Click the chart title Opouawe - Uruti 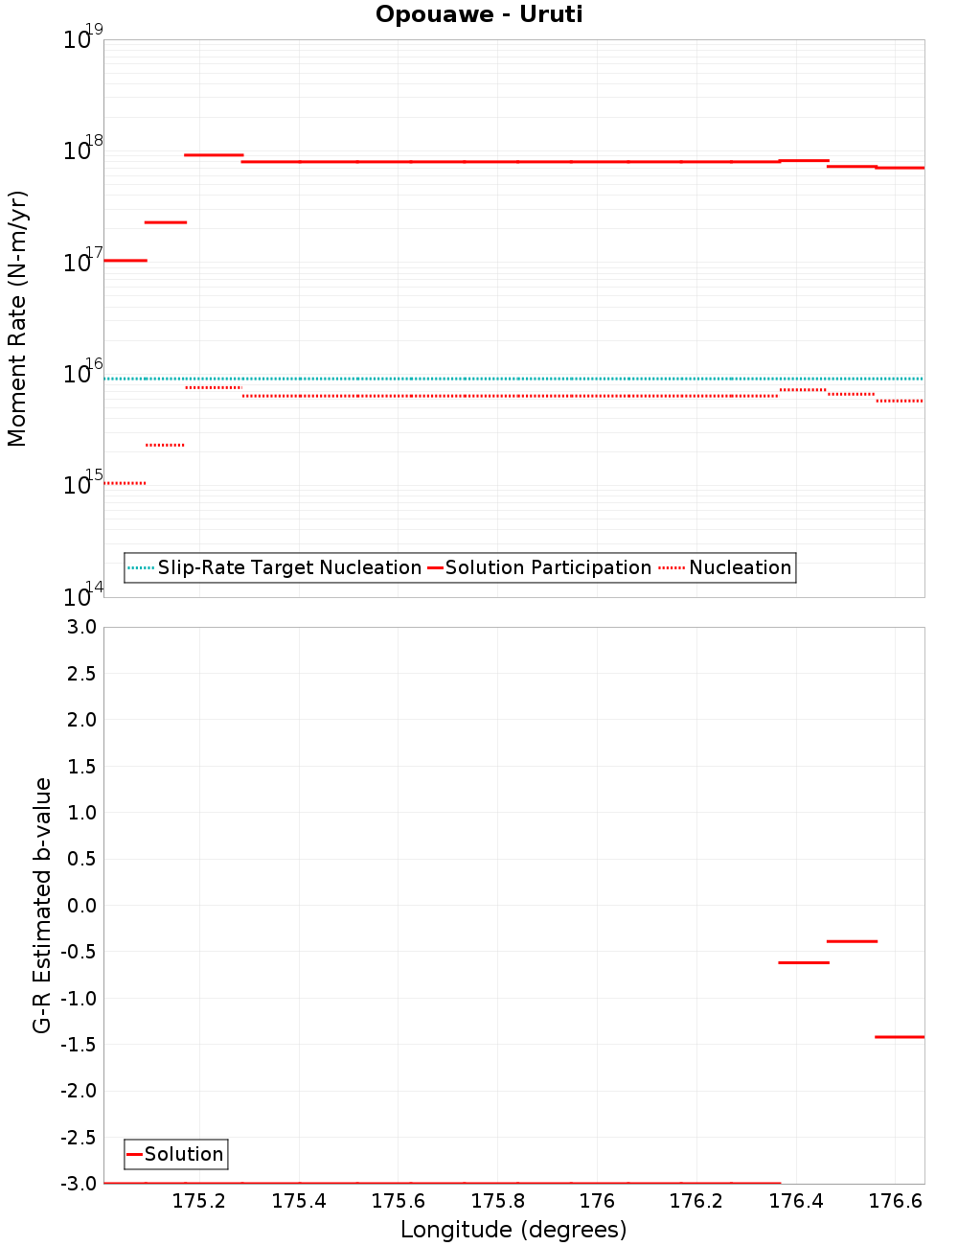pos(479,14)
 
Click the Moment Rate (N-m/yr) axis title pos(17,318)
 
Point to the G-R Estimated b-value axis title pos(42,905)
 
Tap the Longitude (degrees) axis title pos(513,1230)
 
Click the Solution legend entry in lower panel pos(183,1154)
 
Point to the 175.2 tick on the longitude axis pos(199,1201)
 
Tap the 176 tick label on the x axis pos(597,1201)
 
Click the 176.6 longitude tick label pos(895,1201)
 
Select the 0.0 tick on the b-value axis pos(78,906)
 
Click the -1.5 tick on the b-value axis pos(78,1045)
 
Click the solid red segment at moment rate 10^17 pos(125,260)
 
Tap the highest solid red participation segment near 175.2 pos(214,154)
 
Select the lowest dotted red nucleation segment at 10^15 pos(125,483)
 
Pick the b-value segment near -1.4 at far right pos(900,1037)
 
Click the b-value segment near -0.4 pos(852,941)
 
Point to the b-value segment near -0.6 pos(803,962)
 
